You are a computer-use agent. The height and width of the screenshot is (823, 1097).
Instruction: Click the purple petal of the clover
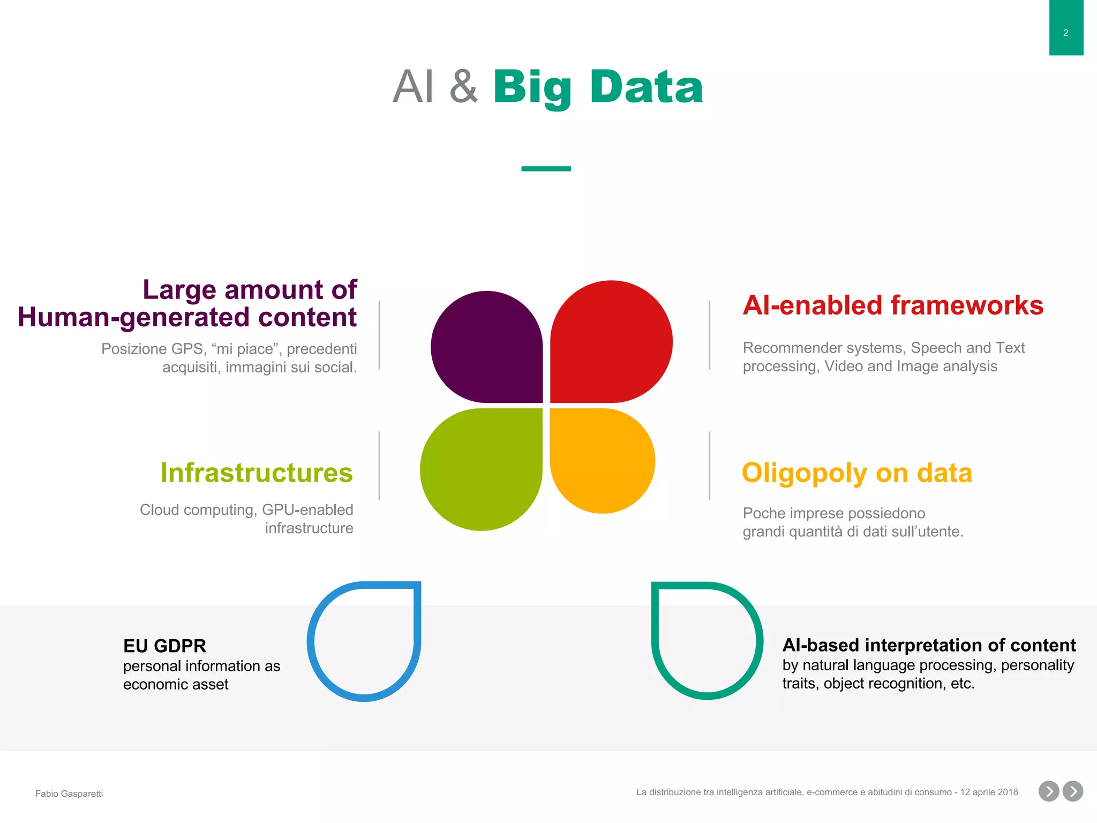pos(486,347)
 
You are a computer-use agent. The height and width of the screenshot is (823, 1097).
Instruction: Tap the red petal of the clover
pos(611,342)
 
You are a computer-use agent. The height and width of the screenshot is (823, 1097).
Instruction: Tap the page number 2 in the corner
pos(1065,33)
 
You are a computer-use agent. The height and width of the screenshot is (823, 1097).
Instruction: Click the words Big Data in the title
pos(597,87)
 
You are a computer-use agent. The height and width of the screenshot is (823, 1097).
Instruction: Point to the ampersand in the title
pos(463,87)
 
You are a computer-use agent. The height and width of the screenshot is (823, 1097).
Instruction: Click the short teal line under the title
pos(546,169)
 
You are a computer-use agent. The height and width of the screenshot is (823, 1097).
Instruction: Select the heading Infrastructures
pos(257,473)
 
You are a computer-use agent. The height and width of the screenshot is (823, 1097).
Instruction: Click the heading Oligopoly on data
pos(856,473)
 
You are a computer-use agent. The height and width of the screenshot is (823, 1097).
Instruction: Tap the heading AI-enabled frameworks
pos(892,305)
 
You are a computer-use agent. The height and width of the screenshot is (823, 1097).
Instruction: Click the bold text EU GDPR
pos(164,646)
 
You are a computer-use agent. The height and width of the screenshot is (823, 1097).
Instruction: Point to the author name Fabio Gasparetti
pos(69,794)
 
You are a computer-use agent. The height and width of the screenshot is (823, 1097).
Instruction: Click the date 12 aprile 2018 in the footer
pos(989,792)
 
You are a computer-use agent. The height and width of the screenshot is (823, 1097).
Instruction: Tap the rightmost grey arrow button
pos(1073,791)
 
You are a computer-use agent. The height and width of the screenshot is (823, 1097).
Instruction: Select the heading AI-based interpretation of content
pos(929,645)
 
